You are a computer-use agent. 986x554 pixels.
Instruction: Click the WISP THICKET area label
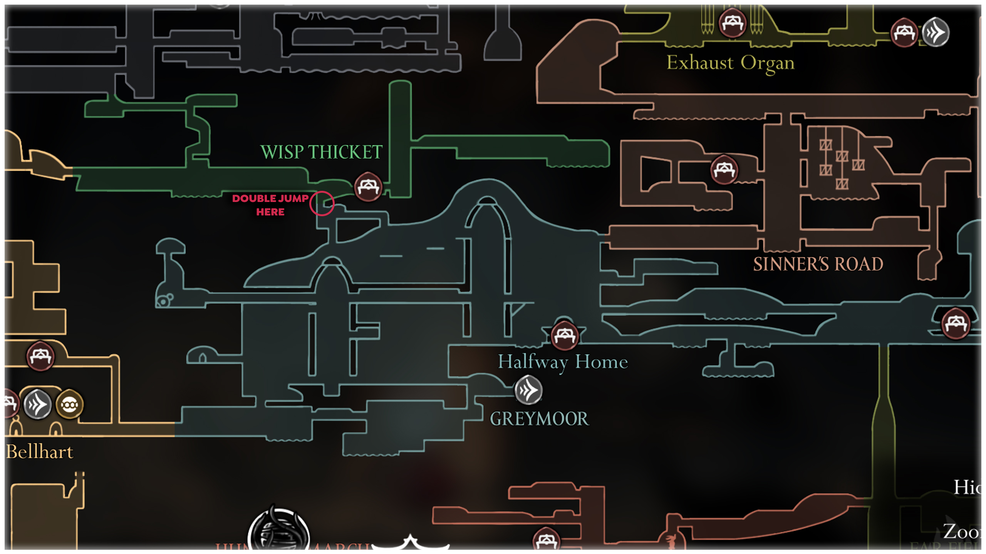tap(321, 152)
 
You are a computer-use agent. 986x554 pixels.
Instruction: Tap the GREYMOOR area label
tap(539, 419)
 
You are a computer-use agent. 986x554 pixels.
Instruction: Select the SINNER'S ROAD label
tap(818, 264)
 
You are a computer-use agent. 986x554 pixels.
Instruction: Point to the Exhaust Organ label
tap(730, 63)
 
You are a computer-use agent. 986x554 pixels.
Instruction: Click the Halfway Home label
tap(563, 362)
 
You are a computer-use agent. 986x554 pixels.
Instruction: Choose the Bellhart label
tap(40, 452)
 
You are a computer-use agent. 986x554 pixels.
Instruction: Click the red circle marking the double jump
tap(322, 204)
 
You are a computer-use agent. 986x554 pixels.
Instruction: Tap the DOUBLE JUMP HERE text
tap(270, 205)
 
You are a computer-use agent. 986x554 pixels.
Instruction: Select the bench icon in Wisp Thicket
tap(368, 187)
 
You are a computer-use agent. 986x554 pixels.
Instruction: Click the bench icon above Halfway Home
tap(565, 335)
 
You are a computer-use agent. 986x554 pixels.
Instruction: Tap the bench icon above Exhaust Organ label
tap(732, 23)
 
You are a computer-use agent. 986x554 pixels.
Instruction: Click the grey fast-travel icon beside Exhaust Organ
tap(936, 32)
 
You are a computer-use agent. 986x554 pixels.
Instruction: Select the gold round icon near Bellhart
tap(69, 405)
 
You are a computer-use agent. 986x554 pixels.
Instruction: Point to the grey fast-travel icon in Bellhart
tap(37, 405)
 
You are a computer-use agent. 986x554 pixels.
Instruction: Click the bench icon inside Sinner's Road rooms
tap(724, 170)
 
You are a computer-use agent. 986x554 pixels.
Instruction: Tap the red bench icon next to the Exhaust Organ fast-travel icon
tap(904, 32)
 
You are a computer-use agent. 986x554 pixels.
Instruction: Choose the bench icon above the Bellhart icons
tap(40, 356)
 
